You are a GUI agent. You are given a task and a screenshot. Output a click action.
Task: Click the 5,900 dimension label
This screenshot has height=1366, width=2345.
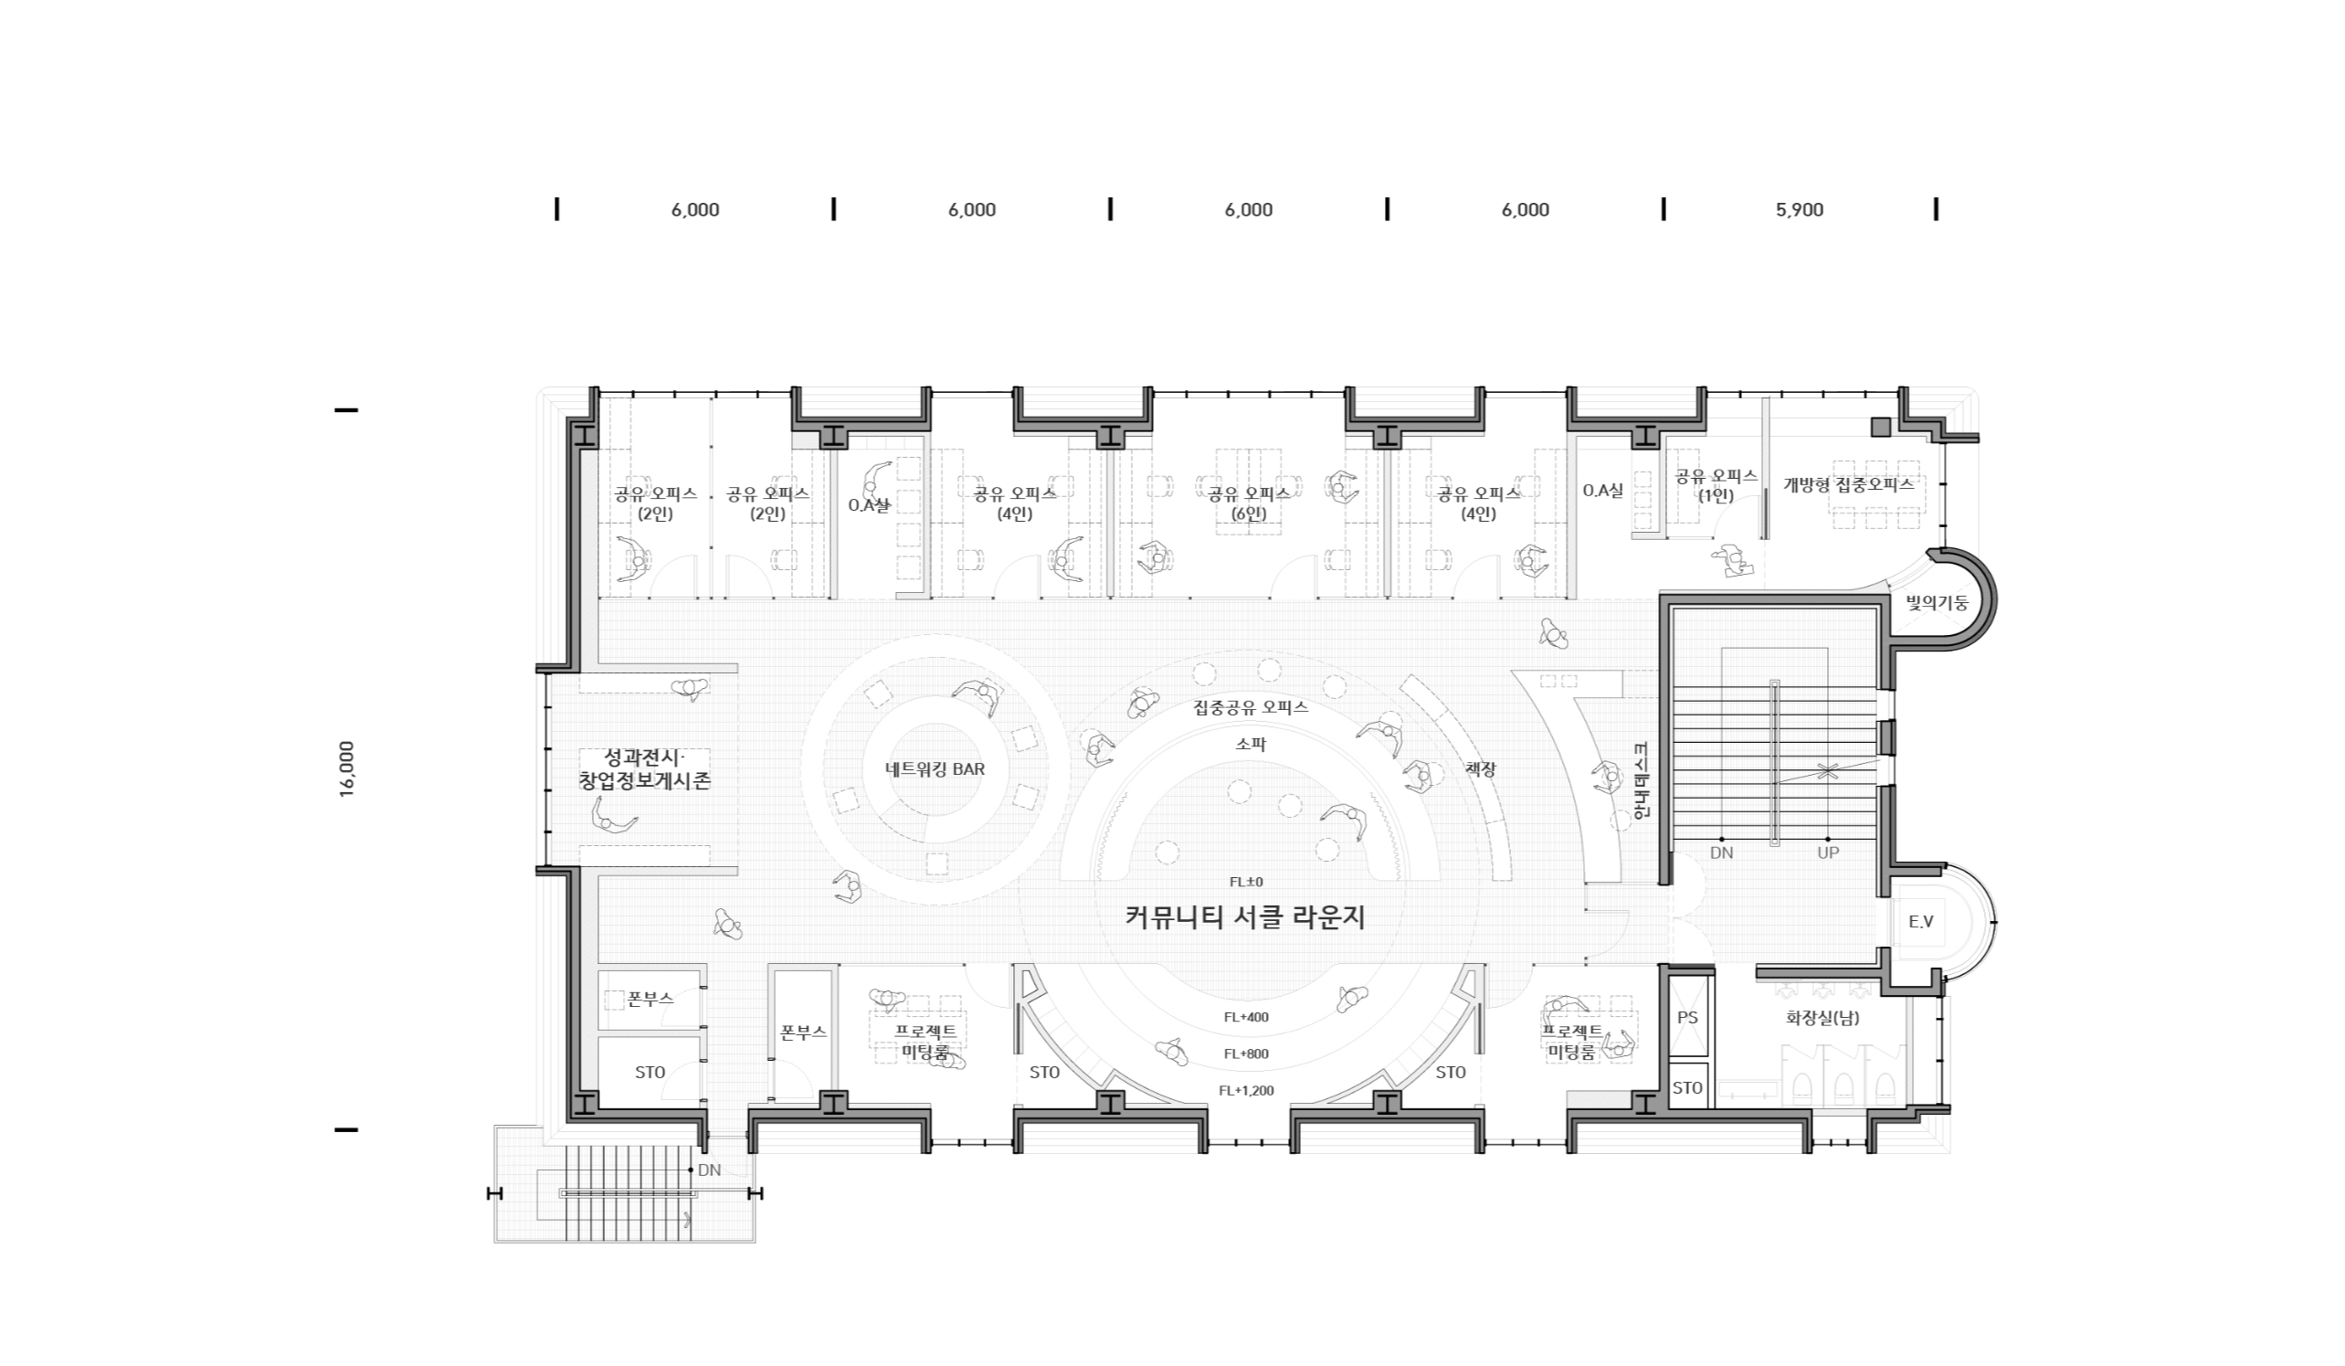(x=1799, y=209)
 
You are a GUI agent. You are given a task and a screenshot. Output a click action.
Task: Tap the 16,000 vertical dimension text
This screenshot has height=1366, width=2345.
(x=347, y=768)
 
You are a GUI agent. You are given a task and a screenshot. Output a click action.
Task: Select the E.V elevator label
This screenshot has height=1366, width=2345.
(x=1920, y=921)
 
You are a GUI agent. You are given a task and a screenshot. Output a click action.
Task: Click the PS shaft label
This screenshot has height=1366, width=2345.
(x=1687, y=1017)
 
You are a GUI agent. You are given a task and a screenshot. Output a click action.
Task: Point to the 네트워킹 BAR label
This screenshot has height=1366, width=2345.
(x=935, y=768)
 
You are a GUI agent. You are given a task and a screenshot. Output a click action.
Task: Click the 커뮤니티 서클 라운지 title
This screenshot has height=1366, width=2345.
(x=1245, y=917)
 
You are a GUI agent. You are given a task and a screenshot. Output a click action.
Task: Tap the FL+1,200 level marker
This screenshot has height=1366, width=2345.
(x=1246, y=1090)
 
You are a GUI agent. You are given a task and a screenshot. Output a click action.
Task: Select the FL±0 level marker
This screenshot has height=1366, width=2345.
(x=1246, y=881)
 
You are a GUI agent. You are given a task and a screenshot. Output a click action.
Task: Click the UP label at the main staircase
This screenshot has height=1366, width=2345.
(x=1828, y=852)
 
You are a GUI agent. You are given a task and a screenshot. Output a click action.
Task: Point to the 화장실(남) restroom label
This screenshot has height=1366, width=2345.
(x=1822, y=1018)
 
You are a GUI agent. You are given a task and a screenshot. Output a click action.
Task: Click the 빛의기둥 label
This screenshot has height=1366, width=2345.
(x=1938, y=603)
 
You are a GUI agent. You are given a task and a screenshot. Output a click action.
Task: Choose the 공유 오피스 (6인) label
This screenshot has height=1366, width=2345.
(x=1249, y=503)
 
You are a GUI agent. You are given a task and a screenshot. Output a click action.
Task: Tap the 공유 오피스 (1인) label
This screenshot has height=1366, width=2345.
(x=1716, y=486)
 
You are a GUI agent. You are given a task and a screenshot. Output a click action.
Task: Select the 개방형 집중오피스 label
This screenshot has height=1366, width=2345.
(x=1848, y=485)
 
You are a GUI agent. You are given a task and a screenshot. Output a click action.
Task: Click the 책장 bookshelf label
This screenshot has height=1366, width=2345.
(x=1481, y=769)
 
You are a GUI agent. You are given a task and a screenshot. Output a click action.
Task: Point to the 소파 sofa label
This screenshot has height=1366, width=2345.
(x=1251, y=744)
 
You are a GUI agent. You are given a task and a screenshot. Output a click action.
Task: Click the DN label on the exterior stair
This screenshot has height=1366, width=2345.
(x=709, y=1170)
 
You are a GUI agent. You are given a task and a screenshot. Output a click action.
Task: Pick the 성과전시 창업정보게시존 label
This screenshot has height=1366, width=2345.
(x=644, y=768)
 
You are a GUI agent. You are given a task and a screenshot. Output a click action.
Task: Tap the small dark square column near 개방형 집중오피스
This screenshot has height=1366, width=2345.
(x=1882, y=427)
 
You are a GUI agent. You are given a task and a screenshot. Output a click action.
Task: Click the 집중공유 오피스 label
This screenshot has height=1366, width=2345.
(x=1251, y=707)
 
